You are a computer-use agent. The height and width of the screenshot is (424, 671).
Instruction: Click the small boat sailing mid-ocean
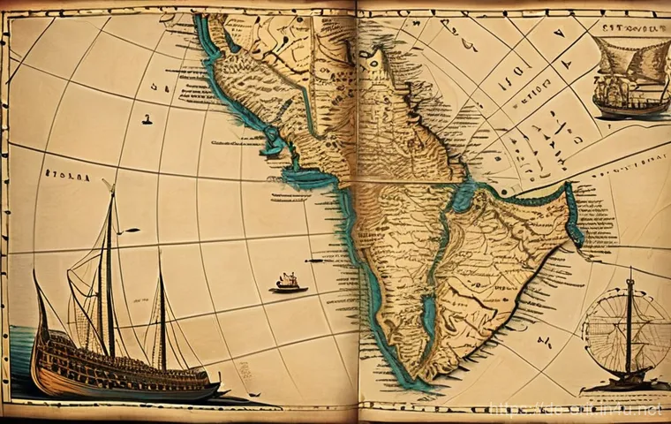(x=289, y=283)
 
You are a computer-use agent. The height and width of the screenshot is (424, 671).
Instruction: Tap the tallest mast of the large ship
(x=109, y=265)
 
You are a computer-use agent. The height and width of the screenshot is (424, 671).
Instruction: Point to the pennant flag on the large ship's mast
(x=130, y=231)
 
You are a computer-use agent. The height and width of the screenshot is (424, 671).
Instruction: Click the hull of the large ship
(x=124, y=371)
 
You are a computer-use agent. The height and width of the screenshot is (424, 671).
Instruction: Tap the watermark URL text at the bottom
(x=574, y=412)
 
